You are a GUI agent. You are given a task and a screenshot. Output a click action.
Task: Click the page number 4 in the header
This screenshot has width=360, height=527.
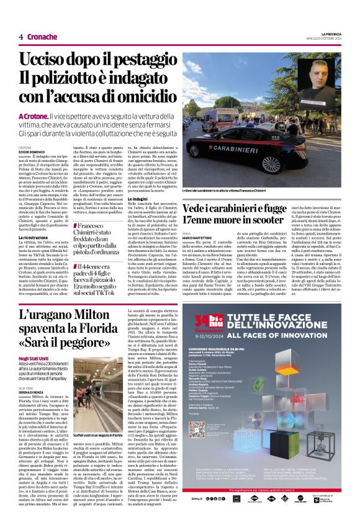pos(20,37)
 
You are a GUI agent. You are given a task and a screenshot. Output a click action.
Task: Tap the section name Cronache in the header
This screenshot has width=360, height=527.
pos(42,37)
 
